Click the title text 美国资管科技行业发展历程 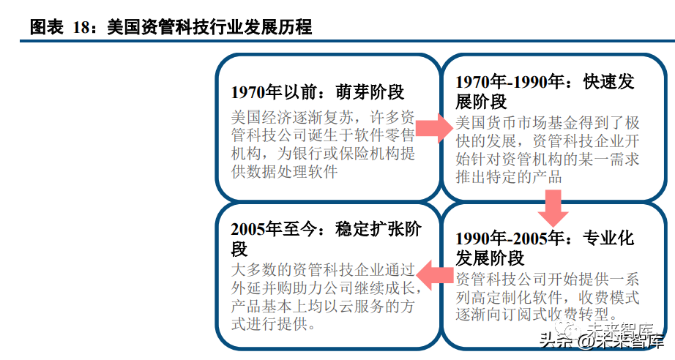click(209, 28)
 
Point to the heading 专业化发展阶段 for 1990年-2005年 click(544, 247)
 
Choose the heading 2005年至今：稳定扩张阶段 click(325, 238)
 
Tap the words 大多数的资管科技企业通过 click(323, 270)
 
